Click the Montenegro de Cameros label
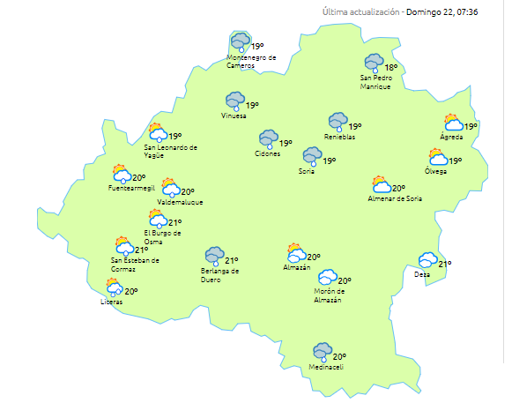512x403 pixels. [252, 61]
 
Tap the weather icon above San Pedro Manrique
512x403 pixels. [374, 63]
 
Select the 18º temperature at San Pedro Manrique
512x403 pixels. [390, 67]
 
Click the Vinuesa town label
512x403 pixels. [234, 116]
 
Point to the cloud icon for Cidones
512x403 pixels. [268, 138]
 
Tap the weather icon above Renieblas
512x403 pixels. [338, 121]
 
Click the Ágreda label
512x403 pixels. [451, 137]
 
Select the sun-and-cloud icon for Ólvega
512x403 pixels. [437, 158]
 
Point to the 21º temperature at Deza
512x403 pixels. [445, 264]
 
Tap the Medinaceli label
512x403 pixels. [326, 368]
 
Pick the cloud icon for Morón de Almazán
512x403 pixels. [328, 279]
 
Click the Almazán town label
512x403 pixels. [297, 267]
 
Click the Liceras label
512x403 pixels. [112, 302]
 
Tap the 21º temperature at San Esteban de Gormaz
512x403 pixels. [142, 250]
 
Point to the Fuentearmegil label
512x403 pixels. [130, 188]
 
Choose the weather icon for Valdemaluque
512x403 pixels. [170, 188]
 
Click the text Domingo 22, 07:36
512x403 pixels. [442, 12]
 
